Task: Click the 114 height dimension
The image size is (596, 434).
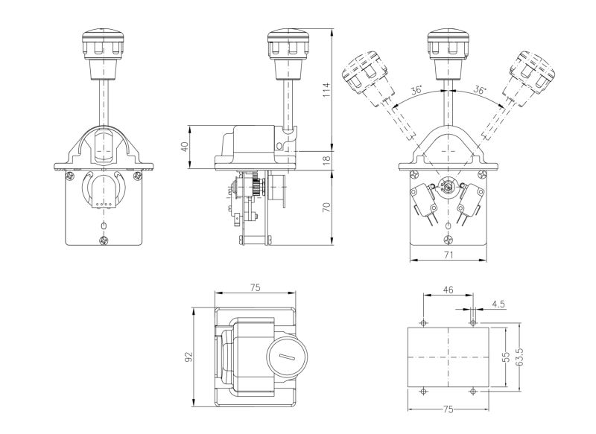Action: click(326, 91)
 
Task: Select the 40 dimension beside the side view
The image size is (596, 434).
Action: click(185, 147)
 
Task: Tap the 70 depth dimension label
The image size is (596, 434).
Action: click(326, 207)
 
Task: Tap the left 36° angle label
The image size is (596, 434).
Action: click(416, 91)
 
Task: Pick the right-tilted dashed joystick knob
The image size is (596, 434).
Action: click(532, 73)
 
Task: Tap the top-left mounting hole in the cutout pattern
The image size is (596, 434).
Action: click(423, 322)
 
